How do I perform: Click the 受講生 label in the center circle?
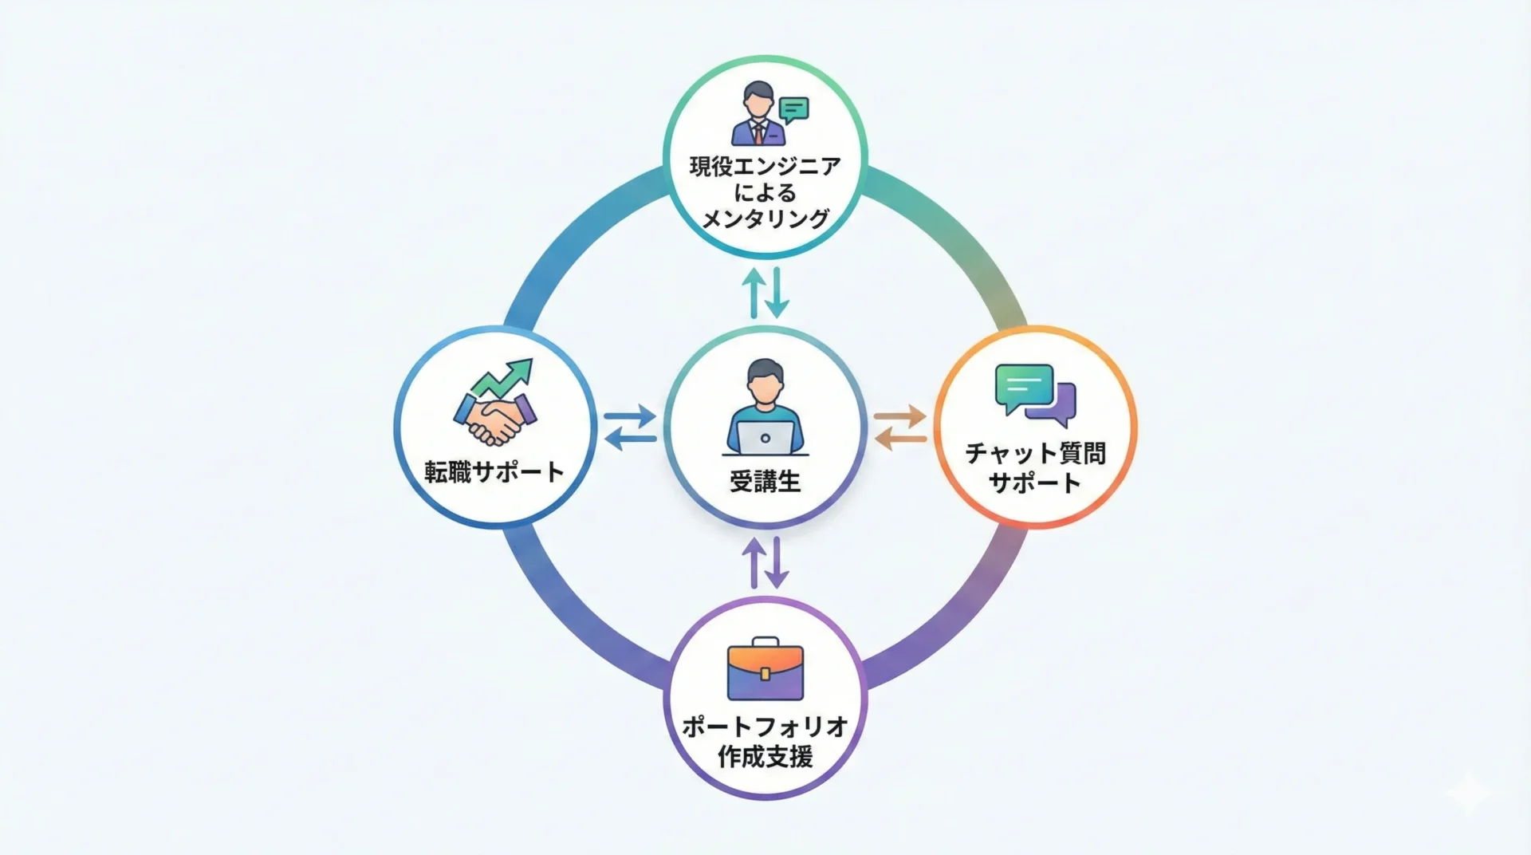[765, 481]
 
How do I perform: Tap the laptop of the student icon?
[765, 437]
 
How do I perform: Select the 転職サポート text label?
[494, 472]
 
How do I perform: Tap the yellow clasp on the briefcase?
[765, 674]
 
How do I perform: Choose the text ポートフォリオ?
[765, 727]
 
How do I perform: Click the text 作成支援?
[765, 756]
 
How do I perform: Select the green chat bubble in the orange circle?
[1023, 387]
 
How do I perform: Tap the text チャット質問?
[1035, 453]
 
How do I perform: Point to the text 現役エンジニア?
[765, 167]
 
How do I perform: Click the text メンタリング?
[765, 218]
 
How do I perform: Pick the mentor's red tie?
[758, 132]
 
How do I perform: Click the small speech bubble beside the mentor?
[793, 109]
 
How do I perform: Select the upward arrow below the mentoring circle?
[754, 293]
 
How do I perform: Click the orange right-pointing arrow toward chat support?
[900, 416]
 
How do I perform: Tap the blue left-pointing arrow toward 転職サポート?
[630, 438]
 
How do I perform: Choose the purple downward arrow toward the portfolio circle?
[777, 563]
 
